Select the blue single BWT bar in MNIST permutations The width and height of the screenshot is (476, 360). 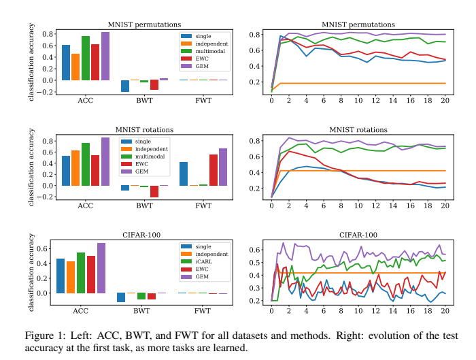[x=124, y=86]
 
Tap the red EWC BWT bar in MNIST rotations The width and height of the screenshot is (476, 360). [x=154, y=191]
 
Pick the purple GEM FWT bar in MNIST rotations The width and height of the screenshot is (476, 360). [x=222, y=167]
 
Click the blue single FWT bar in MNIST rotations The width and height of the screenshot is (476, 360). [x=183, y=174]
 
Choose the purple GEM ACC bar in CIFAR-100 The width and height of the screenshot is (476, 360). [x=101, y=268]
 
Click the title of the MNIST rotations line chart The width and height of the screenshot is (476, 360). [x=354, y=129]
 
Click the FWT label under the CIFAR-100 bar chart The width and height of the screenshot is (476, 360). [x=202, y=311]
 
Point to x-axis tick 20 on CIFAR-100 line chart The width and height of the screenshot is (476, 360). [x=445, y=311]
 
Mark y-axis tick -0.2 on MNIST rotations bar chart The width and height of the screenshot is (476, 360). [x=48, y=197]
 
